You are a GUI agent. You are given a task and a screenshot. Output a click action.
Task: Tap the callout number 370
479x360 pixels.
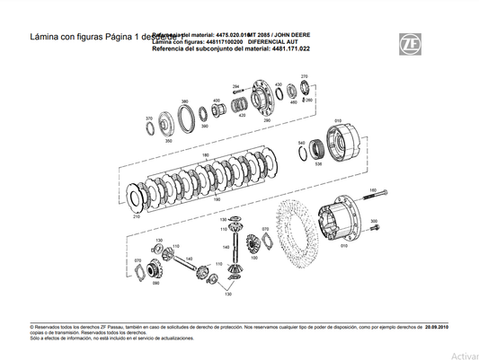(x=149, y=119)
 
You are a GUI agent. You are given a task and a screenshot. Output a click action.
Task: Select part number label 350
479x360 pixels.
(x=168, y=141)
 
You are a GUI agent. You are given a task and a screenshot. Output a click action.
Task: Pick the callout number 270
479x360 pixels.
(x=304, y=76)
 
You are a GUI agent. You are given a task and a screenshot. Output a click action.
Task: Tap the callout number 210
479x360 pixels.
(x=137, y=217)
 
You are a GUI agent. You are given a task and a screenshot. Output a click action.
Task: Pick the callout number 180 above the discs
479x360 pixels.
(x=205, y=155)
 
